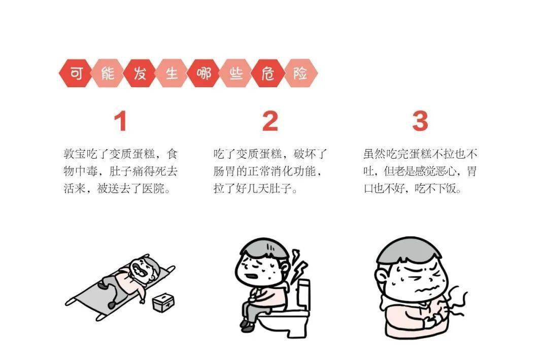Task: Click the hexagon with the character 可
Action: [76, 74]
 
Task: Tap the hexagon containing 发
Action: [140, 74]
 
